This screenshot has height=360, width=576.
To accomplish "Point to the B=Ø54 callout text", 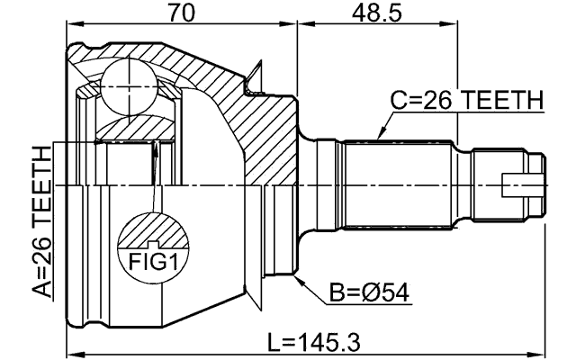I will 368,292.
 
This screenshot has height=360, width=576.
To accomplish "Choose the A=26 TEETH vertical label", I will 40,215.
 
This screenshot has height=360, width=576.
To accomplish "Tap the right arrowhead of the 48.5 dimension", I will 454,27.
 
